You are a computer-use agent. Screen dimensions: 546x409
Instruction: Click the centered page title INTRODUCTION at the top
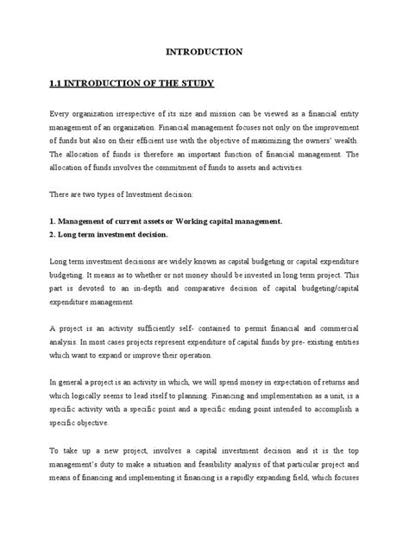pyautogui.click(x=204, y=52)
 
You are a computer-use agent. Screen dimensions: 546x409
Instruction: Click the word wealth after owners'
pyautogui.click(x=351, y=140)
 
